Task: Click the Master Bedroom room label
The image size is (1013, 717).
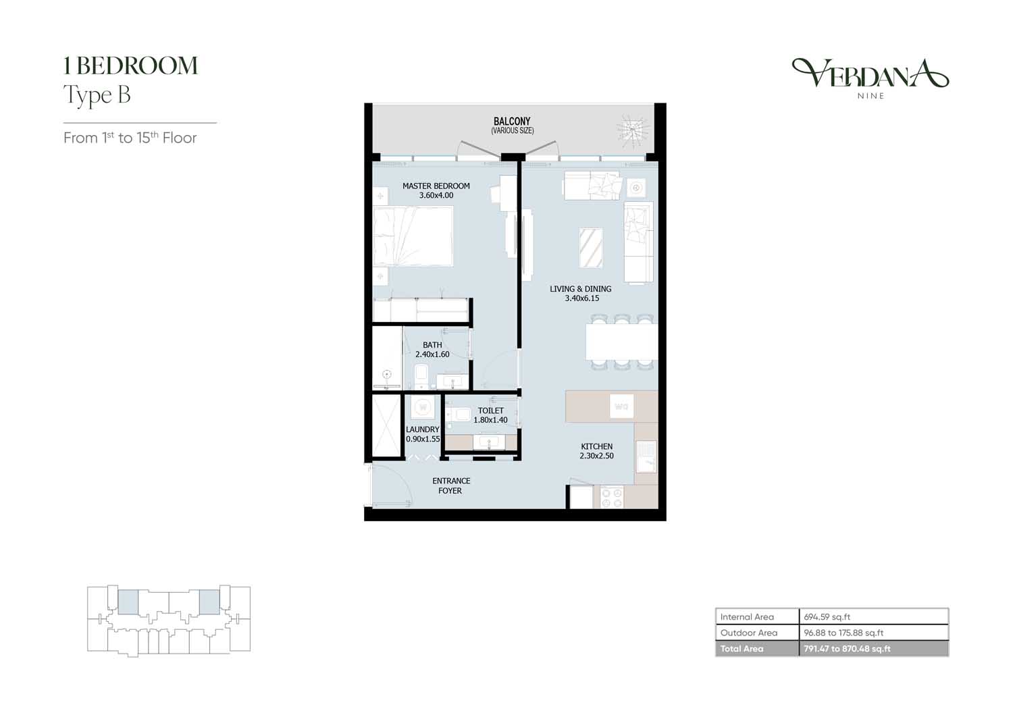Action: click(436, 186)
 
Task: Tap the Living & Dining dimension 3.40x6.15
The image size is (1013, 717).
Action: click(581, 298)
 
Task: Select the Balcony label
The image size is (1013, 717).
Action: click(512, 121)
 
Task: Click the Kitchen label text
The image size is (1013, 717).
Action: click(596, 446)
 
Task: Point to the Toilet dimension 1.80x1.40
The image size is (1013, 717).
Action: click(491, 420)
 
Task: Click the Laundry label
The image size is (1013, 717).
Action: click(422, 429)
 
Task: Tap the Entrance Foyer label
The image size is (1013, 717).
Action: click(451, 485)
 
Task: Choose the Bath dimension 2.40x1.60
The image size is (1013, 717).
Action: click(432, 354)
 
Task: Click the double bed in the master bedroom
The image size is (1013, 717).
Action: click(413, 236)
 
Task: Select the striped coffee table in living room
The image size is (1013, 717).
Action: click(591, 248)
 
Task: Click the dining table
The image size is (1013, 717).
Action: click(622, 342)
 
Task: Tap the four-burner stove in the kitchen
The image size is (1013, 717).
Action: click(611, 498)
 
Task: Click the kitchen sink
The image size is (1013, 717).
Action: click(646, 456)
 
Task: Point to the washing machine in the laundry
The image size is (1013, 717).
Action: click(423, 407)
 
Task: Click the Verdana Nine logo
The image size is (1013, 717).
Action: click(871, 78)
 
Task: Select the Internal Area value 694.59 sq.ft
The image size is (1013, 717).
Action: click(827, 616)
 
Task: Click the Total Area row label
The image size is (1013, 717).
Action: click(742, 649)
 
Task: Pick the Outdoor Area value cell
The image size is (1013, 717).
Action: click(874, 633)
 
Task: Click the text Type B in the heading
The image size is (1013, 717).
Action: click(97, 95)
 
